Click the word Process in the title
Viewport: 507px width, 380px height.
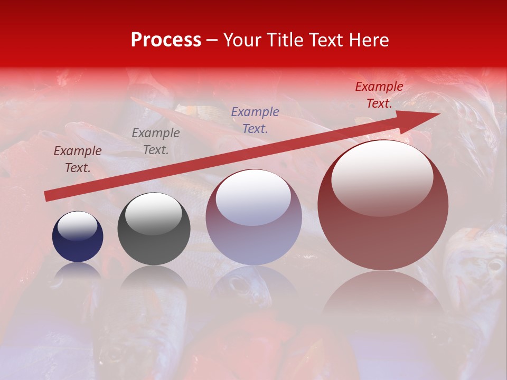[166, 40]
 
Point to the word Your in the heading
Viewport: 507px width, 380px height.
[242, 40]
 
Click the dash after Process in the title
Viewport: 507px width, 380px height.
[212, 41]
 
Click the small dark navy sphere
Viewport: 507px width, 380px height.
[78, 236]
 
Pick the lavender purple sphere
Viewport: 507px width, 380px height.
[253, 217]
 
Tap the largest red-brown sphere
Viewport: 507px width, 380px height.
[383, 206]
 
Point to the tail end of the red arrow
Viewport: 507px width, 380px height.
[48, 196]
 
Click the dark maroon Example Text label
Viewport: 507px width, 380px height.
[78, 159]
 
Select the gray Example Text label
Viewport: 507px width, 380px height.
[155, 141]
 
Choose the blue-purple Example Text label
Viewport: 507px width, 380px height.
[255, 120]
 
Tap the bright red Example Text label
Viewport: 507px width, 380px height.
[379, 95]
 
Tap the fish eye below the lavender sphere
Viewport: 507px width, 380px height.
[239, 286]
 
